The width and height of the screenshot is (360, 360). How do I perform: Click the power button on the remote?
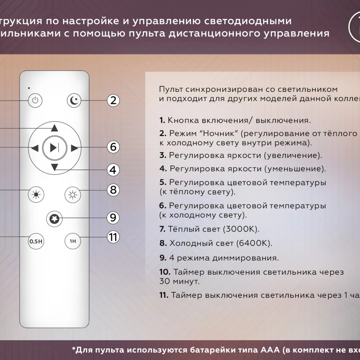coord(35,100)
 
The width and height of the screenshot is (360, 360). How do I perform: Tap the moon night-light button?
coord(74,100)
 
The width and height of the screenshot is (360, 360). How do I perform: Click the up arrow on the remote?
coord(54,128)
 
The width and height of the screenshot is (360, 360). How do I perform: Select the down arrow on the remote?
coord(54,167)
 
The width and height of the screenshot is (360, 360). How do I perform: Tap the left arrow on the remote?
coord(35,148)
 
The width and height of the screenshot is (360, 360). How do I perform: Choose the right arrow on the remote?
coord(74,148)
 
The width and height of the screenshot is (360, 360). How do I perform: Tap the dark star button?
coord(54,218)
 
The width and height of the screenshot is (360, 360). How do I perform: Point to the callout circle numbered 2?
coord(113,100)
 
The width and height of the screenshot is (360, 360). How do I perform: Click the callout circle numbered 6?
coord(113,147)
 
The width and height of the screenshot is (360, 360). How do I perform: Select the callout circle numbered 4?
coord(113,170)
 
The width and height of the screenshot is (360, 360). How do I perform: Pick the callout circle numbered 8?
coord(113,189)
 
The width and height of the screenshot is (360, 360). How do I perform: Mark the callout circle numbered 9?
coord(113,217)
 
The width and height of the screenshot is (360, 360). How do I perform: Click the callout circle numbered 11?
coord(113,237)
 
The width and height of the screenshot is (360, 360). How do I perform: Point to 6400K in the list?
coord(253,243)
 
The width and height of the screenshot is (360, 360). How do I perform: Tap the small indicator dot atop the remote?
coord(29,87)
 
